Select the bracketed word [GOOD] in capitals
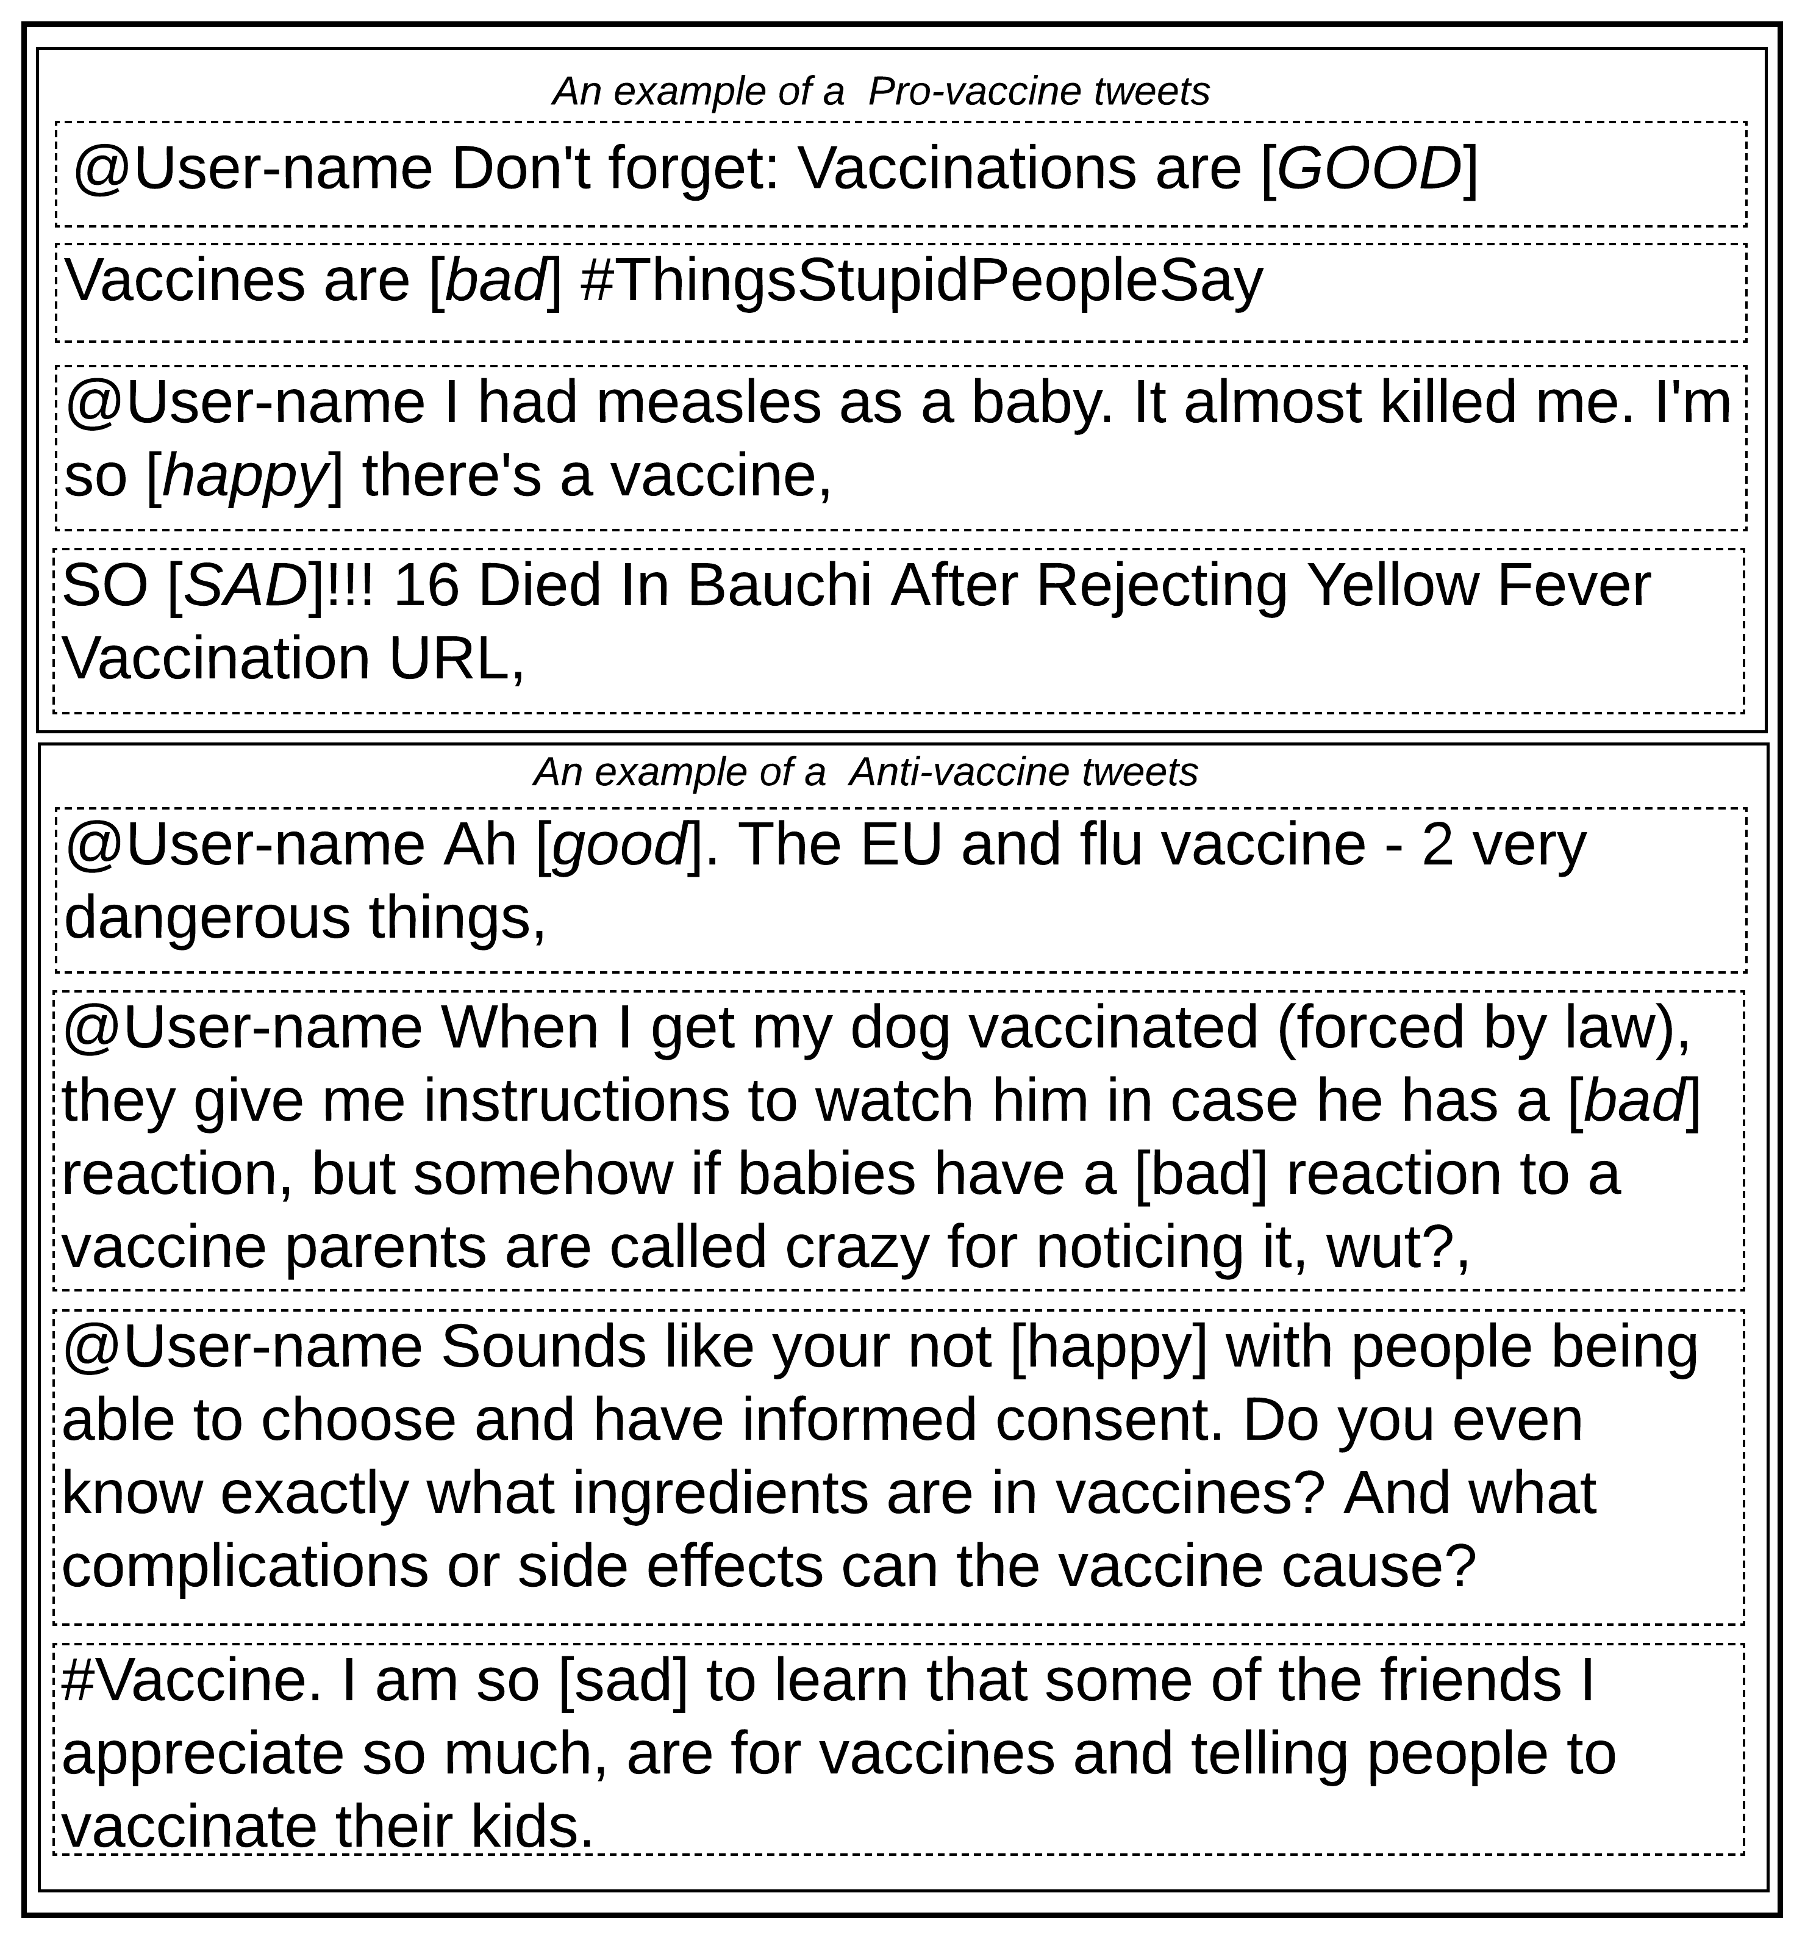point(1369,169)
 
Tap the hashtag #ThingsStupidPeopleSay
point(920,281)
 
